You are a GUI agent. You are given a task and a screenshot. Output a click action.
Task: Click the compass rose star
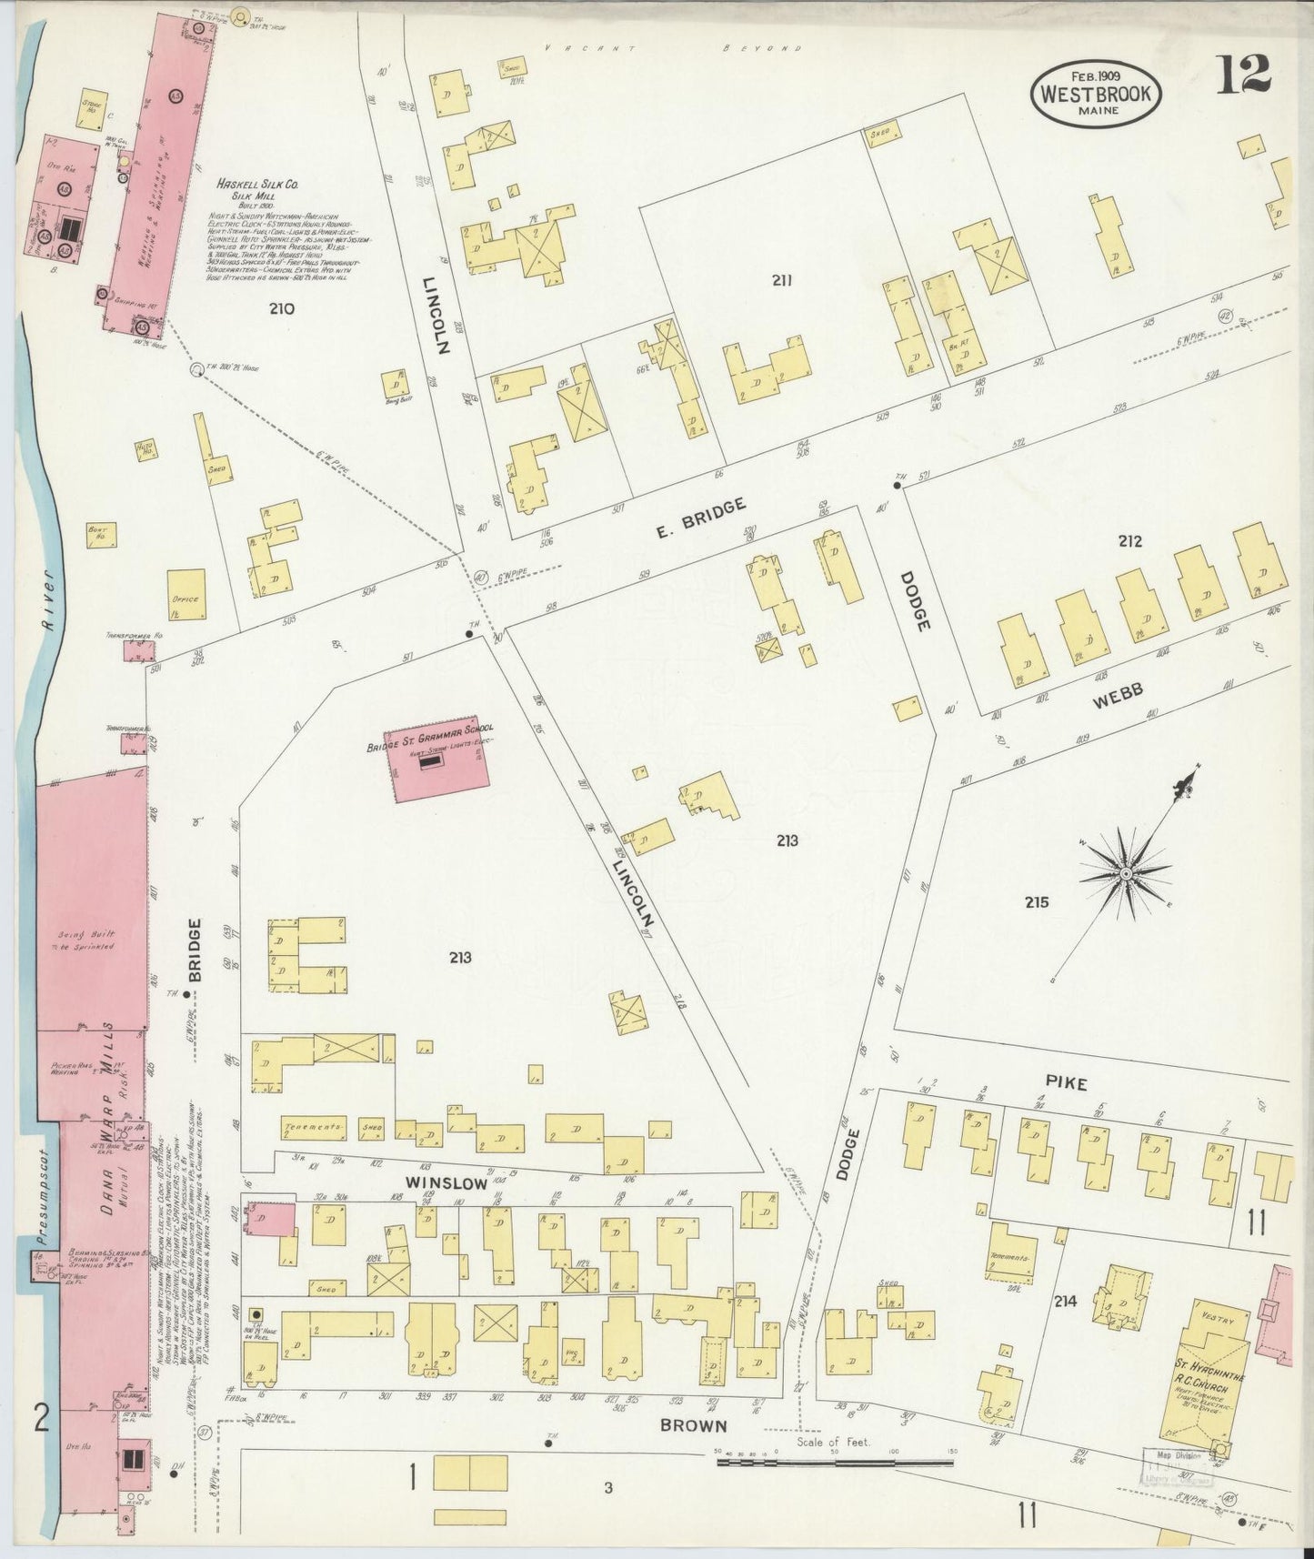tap(1125, 873)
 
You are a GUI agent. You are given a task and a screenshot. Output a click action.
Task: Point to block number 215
tap(1036, 902)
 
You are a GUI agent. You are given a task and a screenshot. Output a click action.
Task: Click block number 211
tap(782, 280)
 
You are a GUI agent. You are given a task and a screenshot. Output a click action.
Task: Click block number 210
tap(282, 308)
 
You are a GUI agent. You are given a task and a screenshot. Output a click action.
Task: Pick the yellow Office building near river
tap(186, 593)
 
